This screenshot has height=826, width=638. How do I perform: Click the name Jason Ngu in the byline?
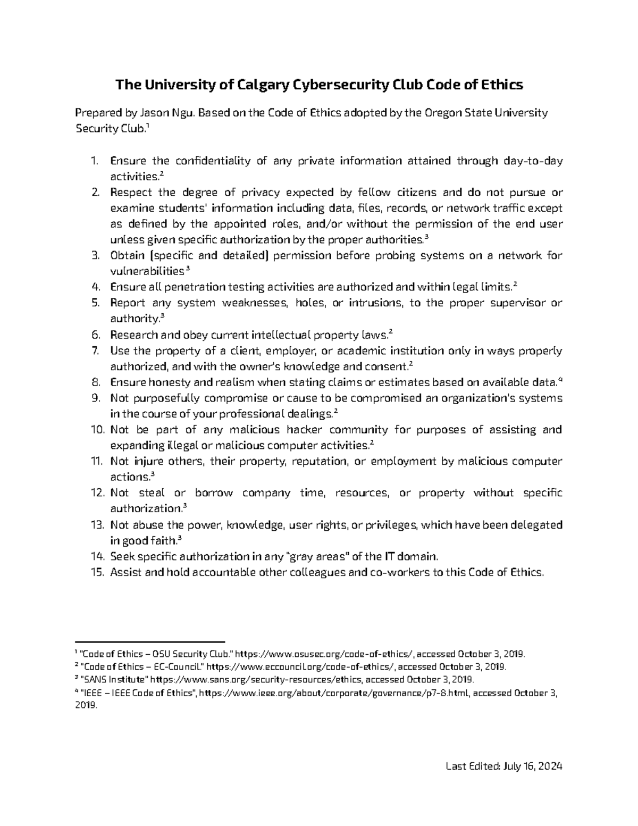(x=162, y=113)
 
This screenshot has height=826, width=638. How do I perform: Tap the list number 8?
(x=96, y=382)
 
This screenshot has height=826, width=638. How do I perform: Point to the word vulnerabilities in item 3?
(x=147, y=271)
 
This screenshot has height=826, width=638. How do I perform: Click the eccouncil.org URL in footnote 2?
(x=301, y=666)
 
